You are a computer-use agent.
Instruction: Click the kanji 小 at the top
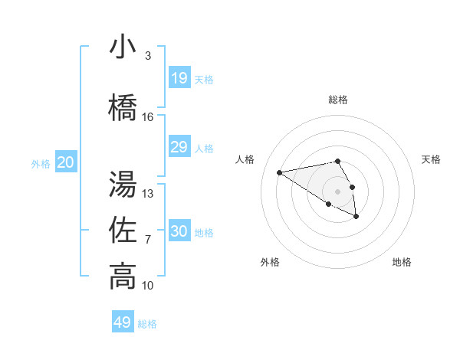pyautogui.click(x=123, y=47)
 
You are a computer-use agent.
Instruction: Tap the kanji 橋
pyautogui.click(x=123, y=108)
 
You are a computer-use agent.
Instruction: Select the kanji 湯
pyautogui.click(x=123, y=185)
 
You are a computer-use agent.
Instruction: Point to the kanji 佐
pyautogui.click(x=123, y=231)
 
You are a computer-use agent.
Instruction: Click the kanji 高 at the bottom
pyautogui.click(x=123, y=277)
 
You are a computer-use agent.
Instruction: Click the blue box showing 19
pyautogui.click(x=179, y=78)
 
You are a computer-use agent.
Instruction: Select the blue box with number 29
pyautogui.click(x=179, y=147)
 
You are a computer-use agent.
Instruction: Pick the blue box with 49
pyautogui.click(x=123, y=322)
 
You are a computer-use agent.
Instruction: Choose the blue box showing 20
pyautogui.click(x=65, y=162)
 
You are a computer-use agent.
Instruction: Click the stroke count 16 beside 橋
pyautogui.click(x=148, y=117)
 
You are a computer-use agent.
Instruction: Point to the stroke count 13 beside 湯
pyautogui.click(x=148, y=194)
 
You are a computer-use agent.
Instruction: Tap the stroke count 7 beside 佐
pyautogui.click(x=148, y=240)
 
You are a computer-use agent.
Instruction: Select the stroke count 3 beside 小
pyautogui.click(x=148, y=56)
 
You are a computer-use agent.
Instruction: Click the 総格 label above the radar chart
pyautogui.click(x=337, y=100)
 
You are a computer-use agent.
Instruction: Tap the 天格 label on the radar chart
pyautogui.click(x=431, y=159)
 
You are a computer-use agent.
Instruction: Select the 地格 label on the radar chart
pyautogui.click(x=402, y=262)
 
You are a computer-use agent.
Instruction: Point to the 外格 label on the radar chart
pyautogui.click(x=270, y=262)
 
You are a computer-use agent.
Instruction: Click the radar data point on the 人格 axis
pyautogui.click(x=279, y=172)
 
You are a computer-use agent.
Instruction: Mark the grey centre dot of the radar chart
pyautogui.click(x=337, y=191)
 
